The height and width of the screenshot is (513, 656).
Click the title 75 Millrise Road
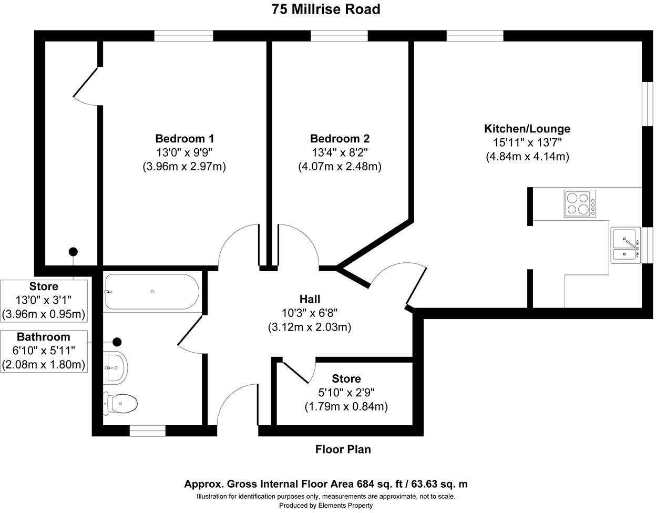[x=326, y=9]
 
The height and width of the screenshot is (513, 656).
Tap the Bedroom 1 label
[x=184, y=139]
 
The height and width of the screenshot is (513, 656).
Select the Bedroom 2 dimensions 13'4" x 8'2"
[x=340, y=153]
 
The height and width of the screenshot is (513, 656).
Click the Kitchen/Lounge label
[x=527, y=129]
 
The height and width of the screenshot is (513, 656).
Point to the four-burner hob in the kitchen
[x=580, y=203]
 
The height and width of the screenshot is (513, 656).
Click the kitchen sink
[x=626, y=245]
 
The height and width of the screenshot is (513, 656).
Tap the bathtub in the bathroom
[x=152, y=292]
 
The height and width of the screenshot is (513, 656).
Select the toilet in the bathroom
[x=120, y=403]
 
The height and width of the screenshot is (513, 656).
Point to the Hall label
[x=310, y=299]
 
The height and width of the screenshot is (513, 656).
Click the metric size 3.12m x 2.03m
[x=310, y=327]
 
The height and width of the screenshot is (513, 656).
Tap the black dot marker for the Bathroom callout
[x=117, y=342]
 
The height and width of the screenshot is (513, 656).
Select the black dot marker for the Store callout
[x=73, y=251]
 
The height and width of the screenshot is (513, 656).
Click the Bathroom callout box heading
[x=44, y=336]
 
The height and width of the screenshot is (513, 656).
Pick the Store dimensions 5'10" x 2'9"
[x=346, y=393]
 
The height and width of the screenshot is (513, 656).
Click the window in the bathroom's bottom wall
[x=148, y=430]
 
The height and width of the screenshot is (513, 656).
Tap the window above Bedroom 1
[x=183, y=36]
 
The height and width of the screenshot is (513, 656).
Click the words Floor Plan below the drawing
[x=343, y=449]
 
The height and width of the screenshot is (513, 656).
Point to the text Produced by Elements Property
[x=326, y=506]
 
